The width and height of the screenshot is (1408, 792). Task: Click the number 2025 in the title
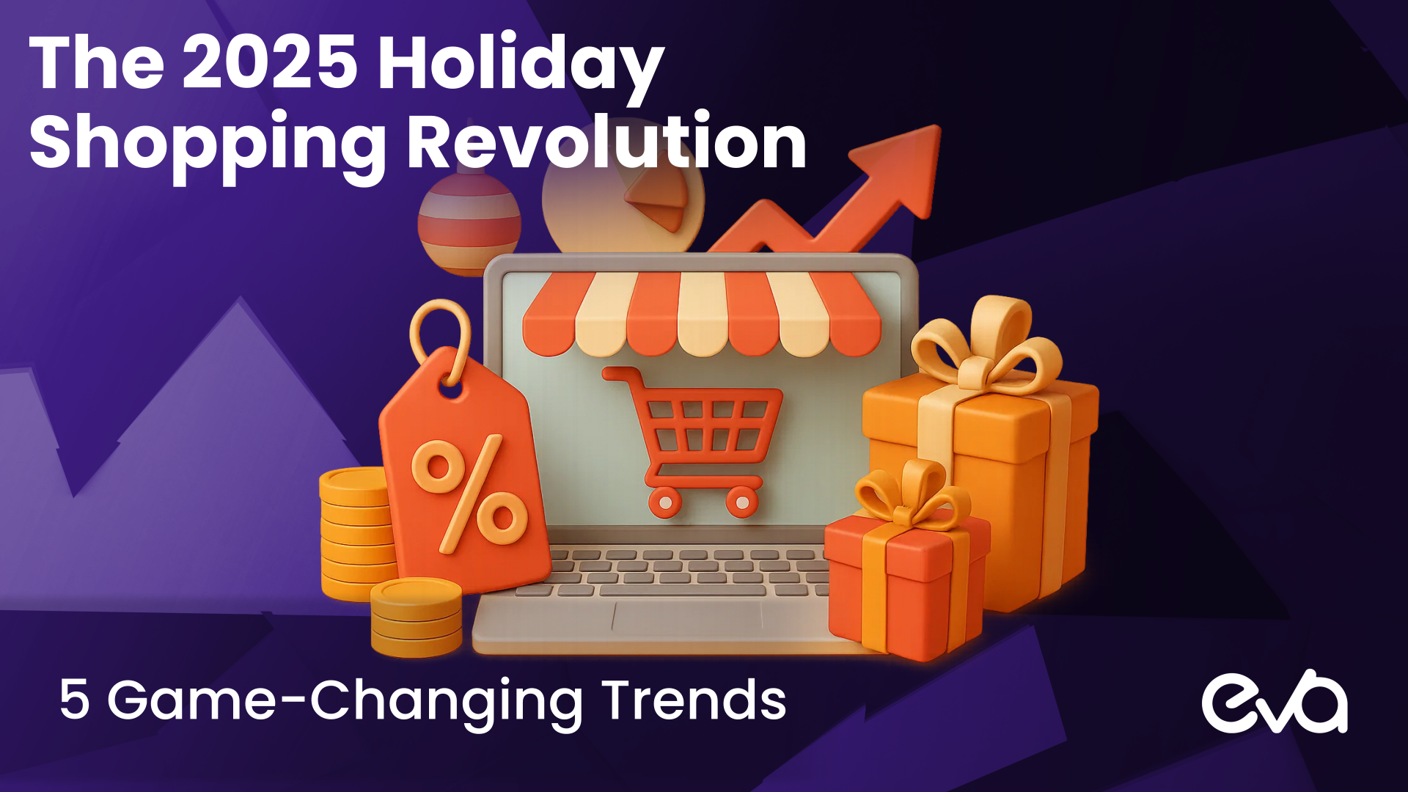pos(270,63)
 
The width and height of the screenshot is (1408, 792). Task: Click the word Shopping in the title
pos(208,147)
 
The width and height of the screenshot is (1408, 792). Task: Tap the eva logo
pos(1275,702)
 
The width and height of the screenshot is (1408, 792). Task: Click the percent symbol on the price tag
pos(469,494)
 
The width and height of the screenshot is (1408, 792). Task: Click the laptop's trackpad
pos(686,618)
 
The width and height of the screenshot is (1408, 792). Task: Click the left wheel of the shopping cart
pos(665,503)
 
